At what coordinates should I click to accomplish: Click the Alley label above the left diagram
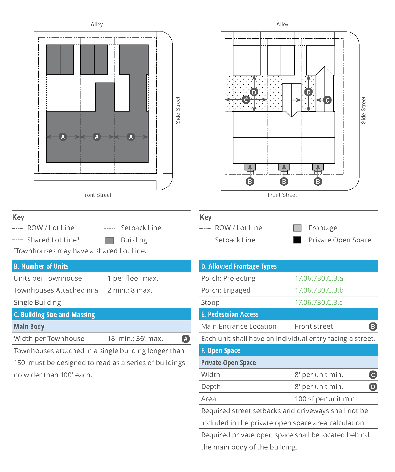click(97, 24)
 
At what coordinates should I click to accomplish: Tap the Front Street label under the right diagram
click(282, 195)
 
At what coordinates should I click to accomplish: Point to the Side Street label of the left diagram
click(178, 110)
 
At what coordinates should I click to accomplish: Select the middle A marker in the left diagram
click(97, 137)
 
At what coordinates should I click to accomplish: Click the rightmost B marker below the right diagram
click(318, 181)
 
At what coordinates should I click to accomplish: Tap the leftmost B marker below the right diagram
click(250, 181)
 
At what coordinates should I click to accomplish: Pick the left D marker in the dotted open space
click(254, 92)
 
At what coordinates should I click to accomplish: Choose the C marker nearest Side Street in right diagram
click(327, 100)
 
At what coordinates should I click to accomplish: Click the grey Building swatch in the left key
click(109, 240)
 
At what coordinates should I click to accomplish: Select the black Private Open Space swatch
click(297, 240)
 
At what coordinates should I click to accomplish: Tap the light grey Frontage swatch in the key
click(297, 228)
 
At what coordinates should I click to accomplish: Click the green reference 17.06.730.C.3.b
click(319, 290)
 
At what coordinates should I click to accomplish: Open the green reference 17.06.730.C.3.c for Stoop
click(318, 302)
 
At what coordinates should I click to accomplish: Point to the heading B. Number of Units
click(41, 266)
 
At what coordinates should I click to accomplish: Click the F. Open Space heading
click(220, 350)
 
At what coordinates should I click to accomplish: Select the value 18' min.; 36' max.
click(135, 338)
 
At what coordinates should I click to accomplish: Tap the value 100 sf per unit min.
click(325, 399)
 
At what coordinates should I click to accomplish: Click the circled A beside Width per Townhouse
click(185, 339)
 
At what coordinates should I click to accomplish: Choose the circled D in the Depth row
click(373, 387)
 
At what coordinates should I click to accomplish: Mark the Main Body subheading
click(29, 327)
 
